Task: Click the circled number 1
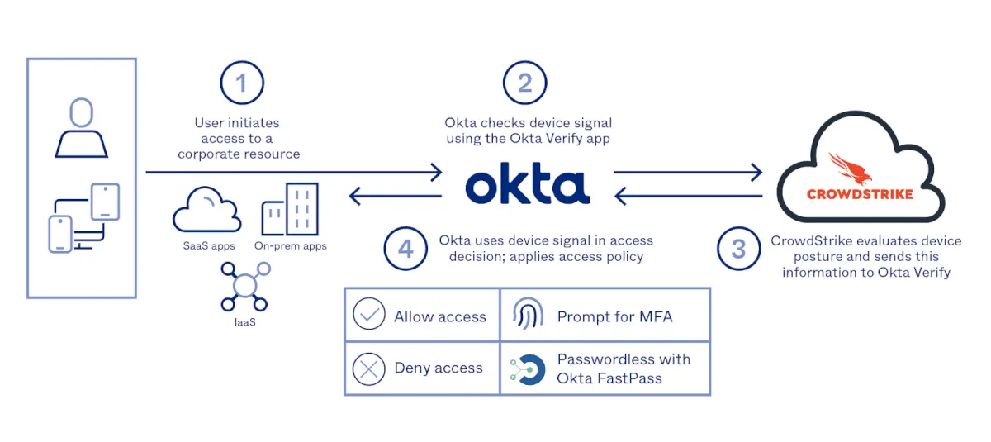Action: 241,83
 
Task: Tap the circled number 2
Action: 525,83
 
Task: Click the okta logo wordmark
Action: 528,185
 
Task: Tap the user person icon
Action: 81,127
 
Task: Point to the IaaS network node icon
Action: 245,285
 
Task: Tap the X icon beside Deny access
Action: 369,368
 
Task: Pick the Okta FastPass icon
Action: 528,369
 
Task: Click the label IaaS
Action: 244,321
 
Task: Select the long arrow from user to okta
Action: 293,173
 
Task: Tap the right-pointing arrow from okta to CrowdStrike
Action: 687,173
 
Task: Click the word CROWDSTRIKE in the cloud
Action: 859,194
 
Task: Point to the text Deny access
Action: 439,368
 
